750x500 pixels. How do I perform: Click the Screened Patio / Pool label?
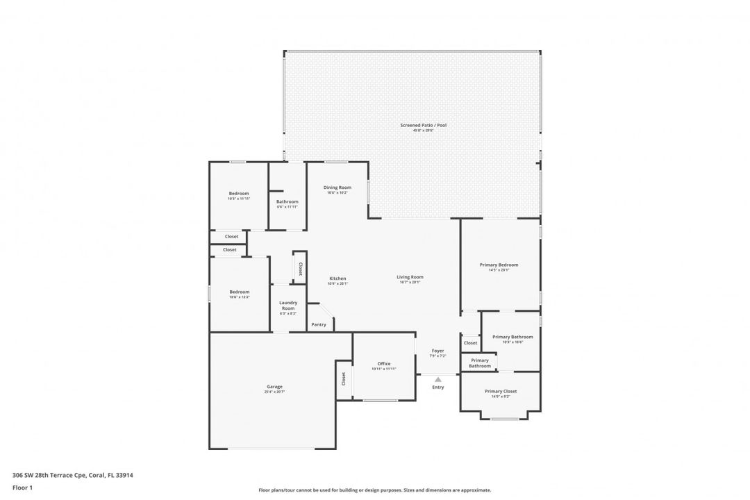423,125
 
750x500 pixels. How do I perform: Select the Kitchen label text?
337,278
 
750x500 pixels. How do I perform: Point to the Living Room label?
410,277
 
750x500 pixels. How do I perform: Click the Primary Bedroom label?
499,265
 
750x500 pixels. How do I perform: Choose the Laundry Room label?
288,305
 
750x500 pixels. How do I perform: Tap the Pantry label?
319,324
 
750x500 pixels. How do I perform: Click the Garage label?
274,387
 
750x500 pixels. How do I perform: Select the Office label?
384,364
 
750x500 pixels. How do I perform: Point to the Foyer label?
437,351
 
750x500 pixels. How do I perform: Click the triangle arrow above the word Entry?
438,379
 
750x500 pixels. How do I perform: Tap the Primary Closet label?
501,391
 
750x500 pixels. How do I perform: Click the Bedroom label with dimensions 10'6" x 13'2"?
239,292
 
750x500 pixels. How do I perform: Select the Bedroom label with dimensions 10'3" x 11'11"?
239,193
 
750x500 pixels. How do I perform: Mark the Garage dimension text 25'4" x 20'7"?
274,392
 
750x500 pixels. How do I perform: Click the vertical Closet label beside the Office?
343,379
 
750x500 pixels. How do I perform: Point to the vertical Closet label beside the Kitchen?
300,268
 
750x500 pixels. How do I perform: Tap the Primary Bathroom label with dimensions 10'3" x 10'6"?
512,337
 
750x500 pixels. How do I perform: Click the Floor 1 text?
22,487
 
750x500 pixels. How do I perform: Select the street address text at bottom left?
73,476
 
